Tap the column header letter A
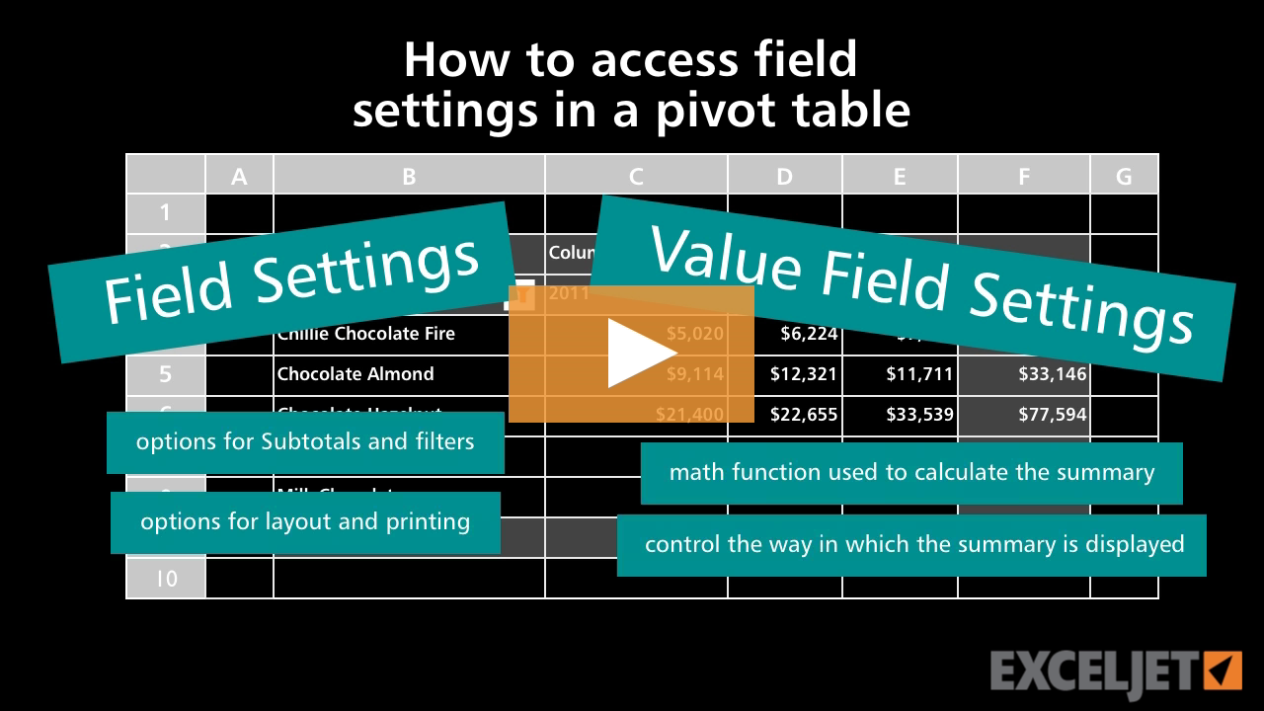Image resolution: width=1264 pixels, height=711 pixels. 239,176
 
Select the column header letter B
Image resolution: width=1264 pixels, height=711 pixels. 409,176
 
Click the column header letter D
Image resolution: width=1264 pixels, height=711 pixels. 784,176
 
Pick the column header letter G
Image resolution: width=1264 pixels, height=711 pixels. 1124,176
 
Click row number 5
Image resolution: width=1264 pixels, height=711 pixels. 166,374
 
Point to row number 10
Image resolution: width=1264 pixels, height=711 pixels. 166,578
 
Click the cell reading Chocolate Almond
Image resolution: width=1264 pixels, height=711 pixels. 355,374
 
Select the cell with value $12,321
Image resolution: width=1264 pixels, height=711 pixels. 804,374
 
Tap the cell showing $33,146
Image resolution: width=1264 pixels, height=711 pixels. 1053,374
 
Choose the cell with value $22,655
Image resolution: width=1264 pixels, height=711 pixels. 804,415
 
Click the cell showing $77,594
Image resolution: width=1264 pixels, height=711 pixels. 1053,415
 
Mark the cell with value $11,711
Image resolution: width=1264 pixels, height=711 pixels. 919,374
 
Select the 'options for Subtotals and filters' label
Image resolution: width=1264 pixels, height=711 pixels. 305,441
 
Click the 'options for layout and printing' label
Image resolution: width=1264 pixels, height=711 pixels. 305,521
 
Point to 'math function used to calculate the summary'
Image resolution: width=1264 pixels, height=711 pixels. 911,472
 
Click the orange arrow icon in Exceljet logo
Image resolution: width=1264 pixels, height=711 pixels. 1223,671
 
